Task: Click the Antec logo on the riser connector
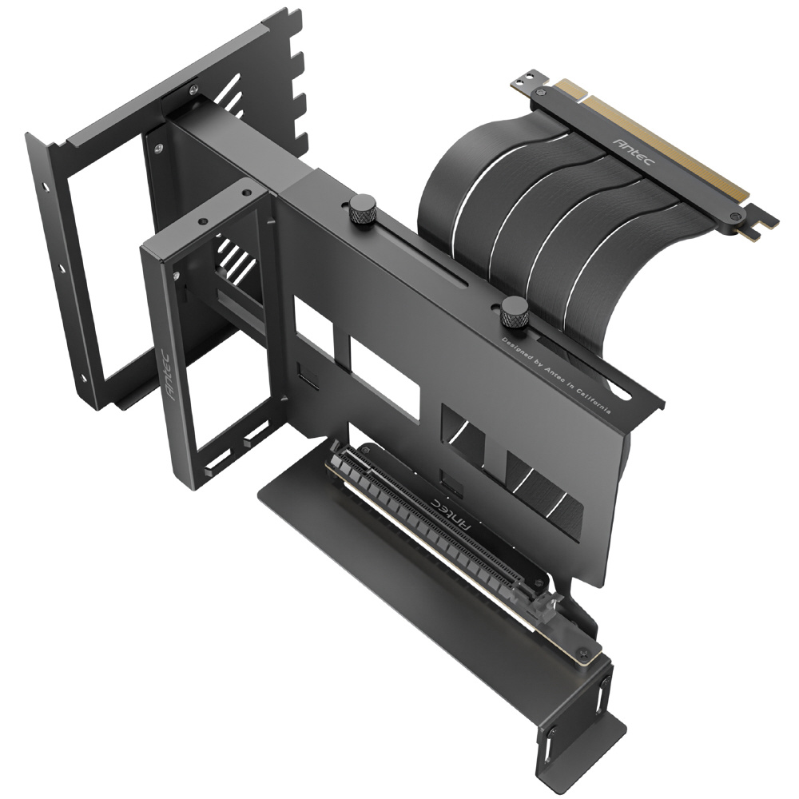(634, 151)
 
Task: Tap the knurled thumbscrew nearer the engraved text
(514, 312)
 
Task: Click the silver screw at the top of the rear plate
(193, 90)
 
